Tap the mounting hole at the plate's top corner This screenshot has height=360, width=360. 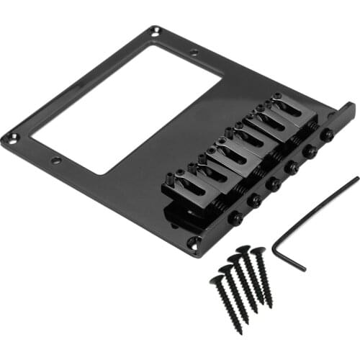[x=156, y=30]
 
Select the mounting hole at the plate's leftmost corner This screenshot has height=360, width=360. [x=8, y=137]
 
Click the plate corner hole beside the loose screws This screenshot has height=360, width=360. [x=192, y=242]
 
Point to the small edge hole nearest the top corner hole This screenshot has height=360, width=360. [x=194, y=52]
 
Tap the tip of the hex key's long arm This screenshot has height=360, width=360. [x=357, y=178]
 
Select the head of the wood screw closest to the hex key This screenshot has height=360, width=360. [x=258, y=252]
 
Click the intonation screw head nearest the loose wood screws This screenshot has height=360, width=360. [x=234, y=217]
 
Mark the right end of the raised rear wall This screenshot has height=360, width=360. [x=353, y=108]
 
